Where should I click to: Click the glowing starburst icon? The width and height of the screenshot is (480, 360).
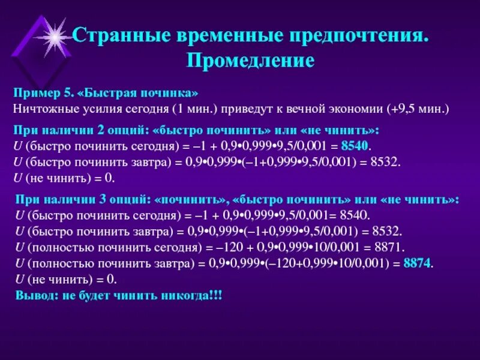tap(55, 37)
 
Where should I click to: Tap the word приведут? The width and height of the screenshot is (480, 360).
tap(256, 109)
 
